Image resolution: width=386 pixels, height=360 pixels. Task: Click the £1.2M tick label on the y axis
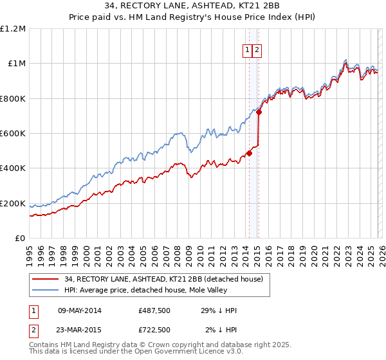pos(13,29)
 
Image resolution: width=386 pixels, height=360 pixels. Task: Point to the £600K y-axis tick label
pos(13,134)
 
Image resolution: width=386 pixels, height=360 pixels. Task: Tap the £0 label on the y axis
pos(20,239)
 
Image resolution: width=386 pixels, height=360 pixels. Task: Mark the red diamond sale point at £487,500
pos(249,153)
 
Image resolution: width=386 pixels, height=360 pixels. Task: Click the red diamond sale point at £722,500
pos(259,112)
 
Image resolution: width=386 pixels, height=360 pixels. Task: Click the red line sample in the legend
pos(45,280)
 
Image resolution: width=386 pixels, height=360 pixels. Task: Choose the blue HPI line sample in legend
pos(45,291)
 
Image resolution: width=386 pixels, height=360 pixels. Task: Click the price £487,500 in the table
pos(154,310)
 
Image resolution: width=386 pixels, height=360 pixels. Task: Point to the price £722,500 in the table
pos(154,330)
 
